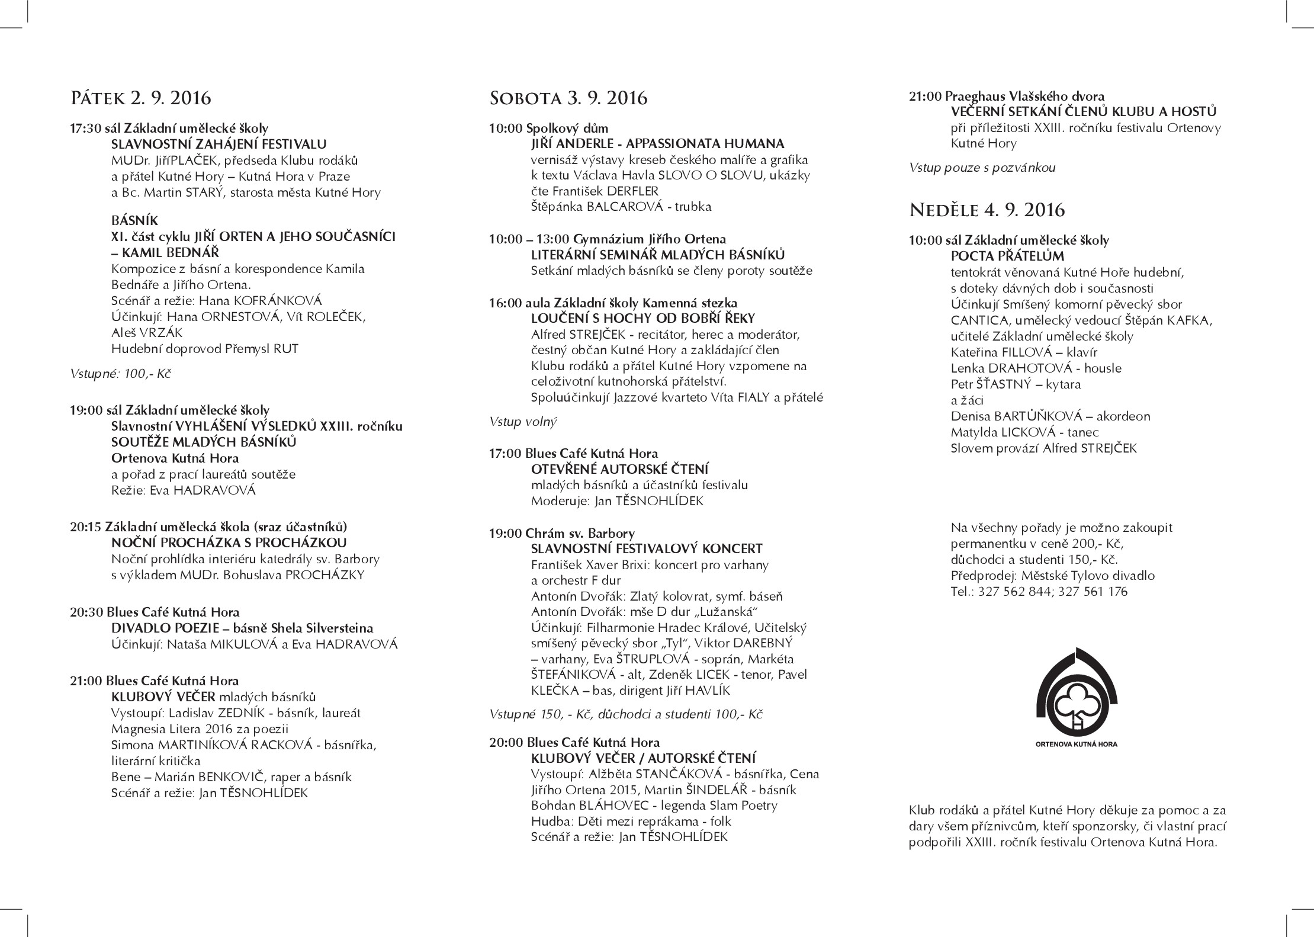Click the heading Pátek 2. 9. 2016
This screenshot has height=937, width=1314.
click(140, 97)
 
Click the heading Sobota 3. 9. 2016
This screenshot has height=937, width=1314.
click(568, 98)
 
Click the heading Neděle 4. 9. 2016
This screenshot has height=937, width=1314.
click(987, 210)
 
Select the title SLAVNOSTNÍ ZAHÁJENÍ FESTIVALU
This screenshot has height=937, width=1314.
click(219, 144)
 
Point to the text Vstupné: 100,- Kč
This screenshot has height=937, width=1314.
click(121, 374)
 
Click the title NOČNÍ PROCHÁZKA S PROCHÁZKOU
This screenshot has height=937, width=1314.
click(229, 543)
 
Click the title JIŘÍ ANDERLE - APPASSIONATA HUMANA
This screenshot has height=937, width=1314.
click(657, 144)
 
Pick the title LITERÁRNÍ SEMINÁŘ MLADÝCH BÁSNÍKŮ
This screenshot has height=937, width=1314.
click(657, 255)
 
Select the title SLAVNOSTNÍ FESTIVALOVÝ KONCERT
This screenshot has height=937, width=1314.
click(647, 549)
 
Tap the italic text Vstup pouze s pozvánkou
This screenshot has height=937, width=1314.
click(982, 168)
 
